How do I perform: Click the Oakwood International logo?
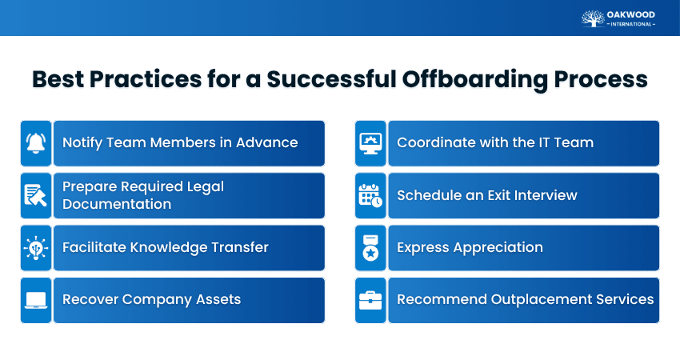tap(618, 18)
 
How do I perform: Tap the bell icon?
tap(36, 143)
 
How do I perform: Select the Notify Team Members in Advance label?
tap(180, 143)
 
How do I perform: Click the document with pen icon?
tap(36, 196)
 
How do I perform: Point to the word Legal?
tap(202, 187)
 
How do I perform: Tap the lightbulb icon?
tap(36, 248)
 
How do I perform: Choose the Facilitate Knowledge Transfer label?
tap(165, 248)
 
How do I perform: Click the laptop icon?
tap(36, 300)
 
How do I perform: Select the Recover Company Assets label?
tap(151, 300)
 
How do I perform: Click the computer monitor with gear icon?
tap(370, 143)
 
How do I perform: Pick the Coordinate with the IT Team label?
tap(495, 143)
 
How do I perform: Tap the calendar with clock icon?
tap(370, 196)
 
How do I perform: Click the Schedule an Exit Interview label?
tap(487, 196)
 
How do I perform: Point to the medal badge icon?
tap(370, 248)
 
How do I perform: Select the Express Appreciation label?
tap(470, 248)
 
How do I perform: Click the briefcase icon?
tap(370, 300)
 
